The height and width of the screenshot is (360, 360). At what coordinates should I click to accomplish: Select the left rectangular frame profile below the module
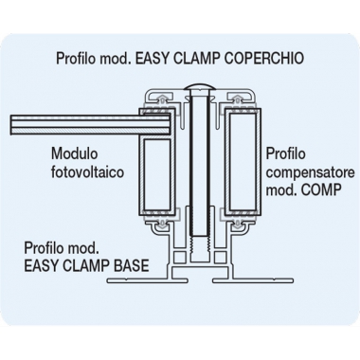click(154, 180)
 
